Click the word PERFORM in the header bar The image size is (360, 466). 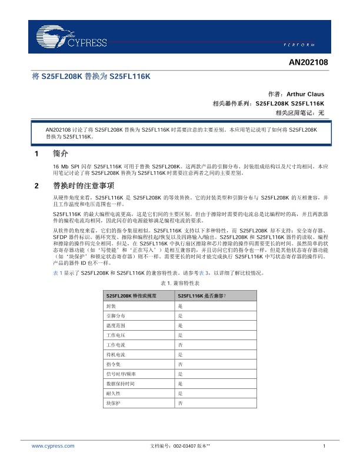coord(306,45)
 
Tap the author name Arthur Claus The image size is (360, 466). coord(305,94)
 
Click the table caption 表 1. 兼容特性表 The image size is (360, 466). coord(179,284)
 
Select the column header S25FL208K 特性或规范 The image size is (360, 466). coord(131,295)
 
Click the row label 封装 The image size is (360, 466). coord(111,307)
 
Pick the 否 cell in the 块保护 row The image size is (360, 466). coord(180,403)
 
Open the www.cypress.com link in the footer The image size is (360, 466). coord(53,447)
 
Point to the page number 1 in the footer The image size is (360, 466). coord(324,447)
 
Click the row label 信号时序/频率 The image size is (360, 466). coord(119,373)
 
